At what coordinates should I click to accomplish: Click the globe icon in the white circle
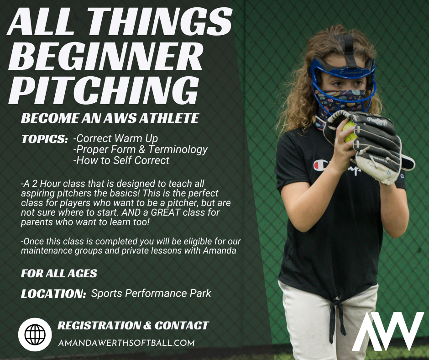(35, 334)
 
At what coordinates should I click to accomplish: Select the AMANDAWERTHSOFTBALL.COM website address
(126, 343)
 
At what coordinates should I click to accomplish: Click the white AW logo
(388, 331)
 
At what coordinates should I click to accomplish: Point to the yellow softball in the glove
(350, 132)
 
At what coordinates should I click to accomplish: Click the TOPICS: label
(45, 139)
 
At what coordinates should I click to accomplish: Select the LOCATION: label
(54, 294)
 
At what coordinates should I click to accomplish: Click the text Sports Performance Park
(151, 293)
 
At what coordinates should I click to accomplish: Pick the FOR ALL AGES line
(59, 273)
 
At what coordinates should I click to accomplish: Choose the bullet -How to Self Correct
(121, 160)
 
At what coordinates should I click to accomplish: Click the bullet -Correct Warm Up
(115, 138)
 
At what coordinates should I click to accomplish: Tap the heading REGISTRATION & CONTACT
(133, 325)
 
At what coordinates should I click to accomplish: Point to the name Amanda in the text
(220, 251)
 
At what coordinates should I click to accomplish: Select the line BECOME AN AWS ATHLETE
(110, 118)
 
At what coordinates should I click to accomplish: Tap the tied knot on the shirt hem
(336, 304)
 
